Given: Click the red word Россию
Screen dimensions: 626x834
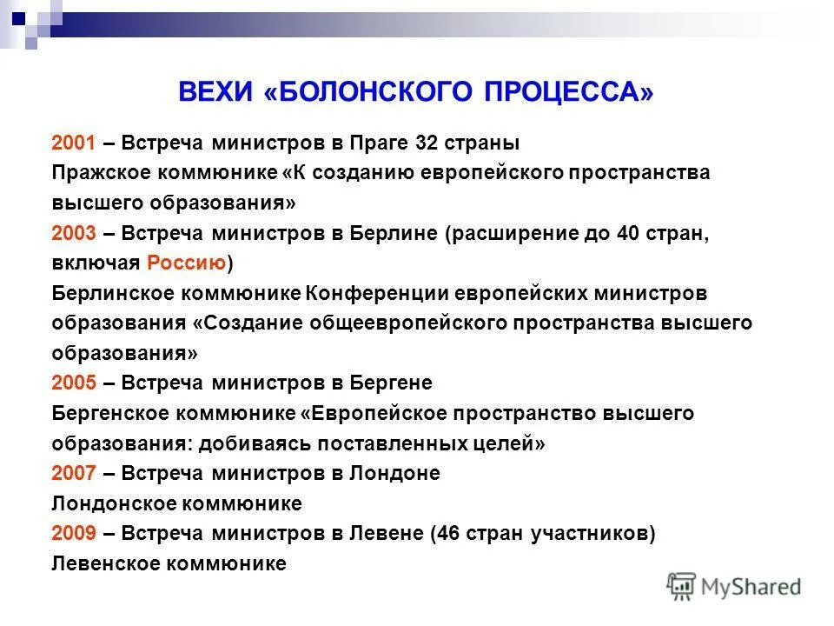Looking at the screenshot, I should click(x=187, y=263).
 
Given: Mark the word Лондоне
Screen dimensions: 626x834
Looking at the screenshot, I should click(x=394, y=474).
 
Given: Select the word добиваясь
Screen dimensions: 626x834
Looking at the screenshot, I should click(x=248, y=443).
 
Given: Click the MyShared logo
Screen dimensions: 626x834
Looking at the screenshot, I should click(x=734, y=586).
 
